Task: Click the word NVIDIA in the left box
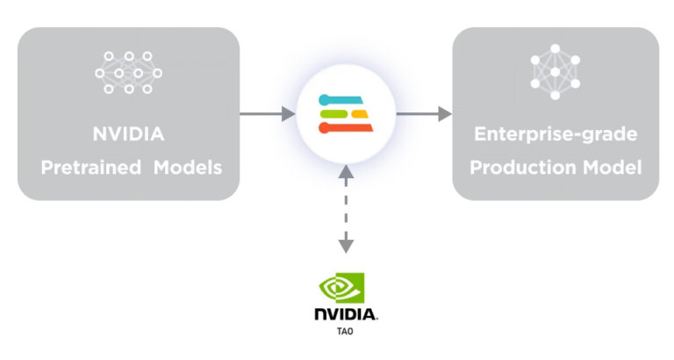pyautogui.click(x=128, y=135)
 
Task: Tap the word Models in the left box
pyautogui.click(x=184, y=167)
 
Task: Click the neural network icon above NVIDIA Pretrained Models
pyautogui.click(x=128, y=72)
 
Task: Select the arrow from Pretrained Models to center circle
pyautogui.click(x=268, y=113)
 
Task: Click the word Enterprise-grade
pyautogui.click(x=556, y=135)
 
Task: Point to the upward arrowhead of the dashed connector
pyautogui.click(x=347, y=177)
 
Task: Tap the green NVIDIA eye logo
pyautogui.click(x=345, y=288)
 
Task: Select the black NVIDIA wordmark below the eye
pyautogui.click(x=346, y=313)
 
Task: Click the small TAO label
pyautogui.click(x=346, y=332)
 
